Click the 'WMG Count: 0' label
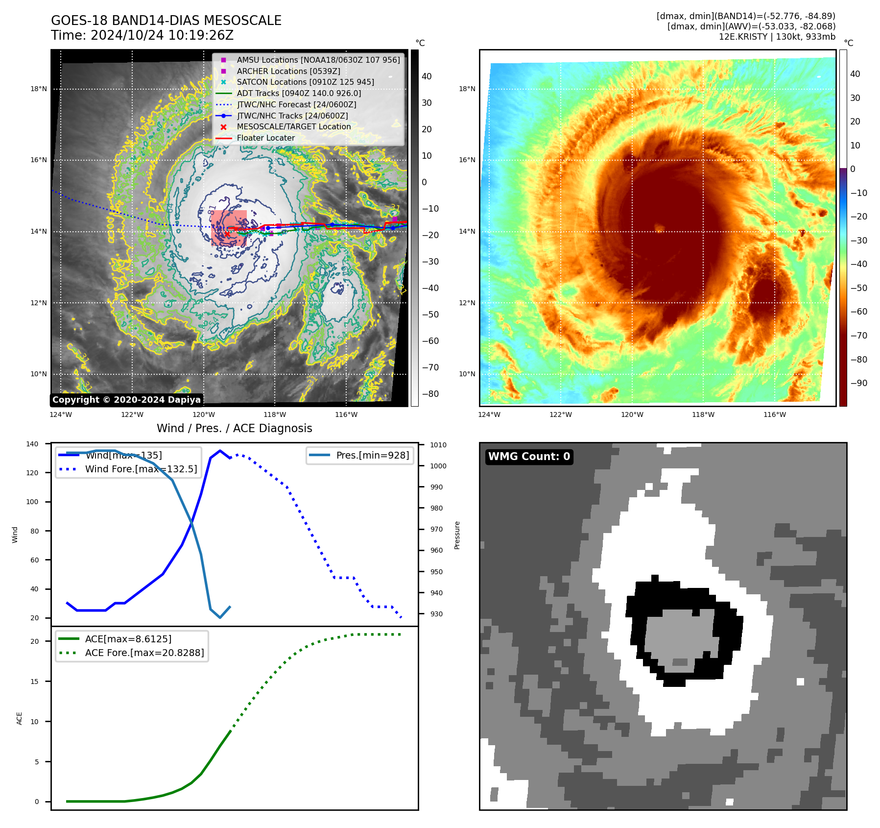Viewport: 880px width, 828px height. (529, 457)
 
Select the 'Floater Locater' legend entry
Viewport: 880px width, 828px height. (265, 138)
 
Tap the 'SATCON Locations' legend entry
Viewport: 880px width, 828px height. (305, 82)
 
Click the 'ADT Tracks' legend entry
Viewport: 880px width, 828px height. (299, 94)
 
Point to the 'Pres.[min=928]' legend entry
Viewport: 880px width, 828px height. (372, 455)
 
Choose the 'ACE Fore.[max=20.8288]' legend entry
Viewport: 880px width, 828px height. (144, 653)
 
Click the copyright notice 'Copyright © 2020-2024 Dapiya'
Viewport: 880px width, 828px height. (126, 400)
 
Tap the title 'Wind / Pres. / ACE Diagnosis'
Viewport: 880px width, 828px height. (234, 428)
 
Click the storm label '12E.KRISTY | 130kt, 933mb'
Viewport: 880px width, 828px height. (777, 37)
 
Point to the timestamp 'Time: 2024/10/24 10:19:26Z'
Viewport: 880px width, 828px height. (142, 36)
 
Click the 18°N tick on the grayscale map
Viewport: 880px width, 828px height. (39, 89)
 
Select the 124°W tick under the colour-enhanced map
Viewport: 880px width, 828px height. (489, 415)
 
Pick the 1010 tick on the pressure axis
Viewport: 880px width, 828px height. (438, 445)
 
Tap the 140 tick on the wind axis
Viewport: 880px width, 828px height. (32, 444)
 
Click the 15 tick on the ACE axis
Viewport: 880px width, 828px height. (34, 682)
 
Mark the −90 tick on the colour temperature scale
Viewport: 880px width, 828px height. (858, 383)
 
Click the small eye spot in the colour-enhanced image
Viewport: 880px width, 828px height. (659, 228)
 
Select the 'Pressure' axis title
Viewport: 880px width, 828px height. (457, 535)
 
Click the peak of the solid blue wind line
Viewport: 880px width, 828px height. (220, 451)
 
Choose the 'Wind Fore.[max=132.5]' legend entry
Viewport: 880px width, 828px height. (141, 469)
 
